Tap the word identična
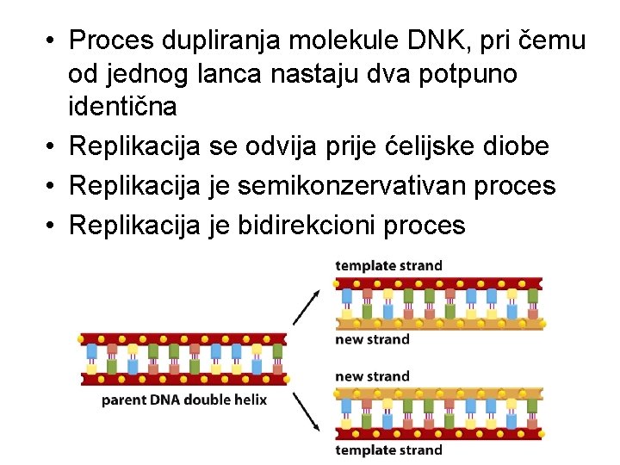coord(122,107)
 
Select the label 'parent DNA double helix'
coord(184,400)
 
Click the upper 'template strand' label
coord(388,264)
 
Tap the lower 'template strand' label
coord(388,449)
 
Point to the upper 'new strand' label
coord(372,339)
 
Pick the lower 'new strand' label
coord(372,376)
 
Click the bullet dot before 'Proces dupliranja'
coord(52,40)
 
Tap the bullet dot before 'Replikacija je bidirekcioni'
coord(52,226)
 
